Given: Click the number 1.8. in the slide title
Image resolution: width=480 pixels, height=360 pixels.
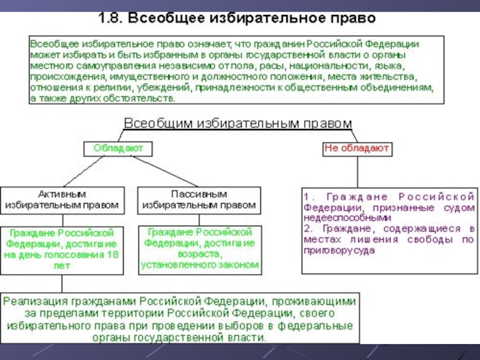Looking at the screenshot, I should [110, 19].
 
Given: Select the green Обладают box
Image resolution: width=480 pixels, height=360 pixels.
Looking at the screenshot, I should [118, 148].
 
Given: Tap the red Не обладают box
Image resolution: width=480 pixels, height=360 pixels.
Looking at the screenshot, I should [357, 148].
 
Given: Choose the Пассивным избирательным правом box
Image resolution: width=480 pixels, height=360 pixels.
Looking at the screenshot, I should [199, 200].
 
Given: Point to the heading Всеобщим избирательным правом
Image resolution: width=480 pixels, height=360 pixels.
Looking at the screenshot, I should [238, 123].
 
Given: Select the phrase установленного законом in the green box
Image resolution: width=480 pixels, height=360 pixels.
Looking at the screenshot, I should [199, 265].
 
